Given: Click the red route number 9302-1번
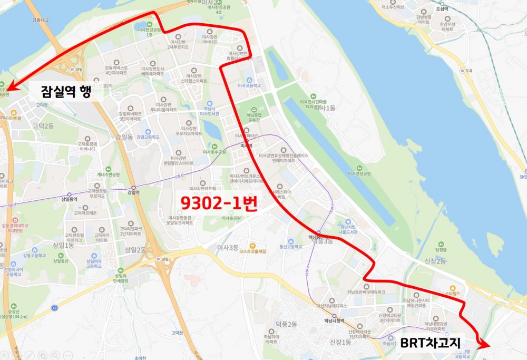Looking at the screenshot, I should pos(219,203).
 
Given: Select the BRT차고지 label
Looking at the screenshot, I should pos(430,343).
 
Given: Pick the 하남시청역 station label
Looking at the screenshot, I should pos(334,320).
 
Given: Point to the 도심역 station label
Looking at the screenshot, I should pos(441,9).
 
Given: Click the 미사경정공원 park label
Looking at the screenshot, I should pos(359,173).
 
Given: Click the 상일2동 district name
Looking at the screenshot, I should pos(134,250).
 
